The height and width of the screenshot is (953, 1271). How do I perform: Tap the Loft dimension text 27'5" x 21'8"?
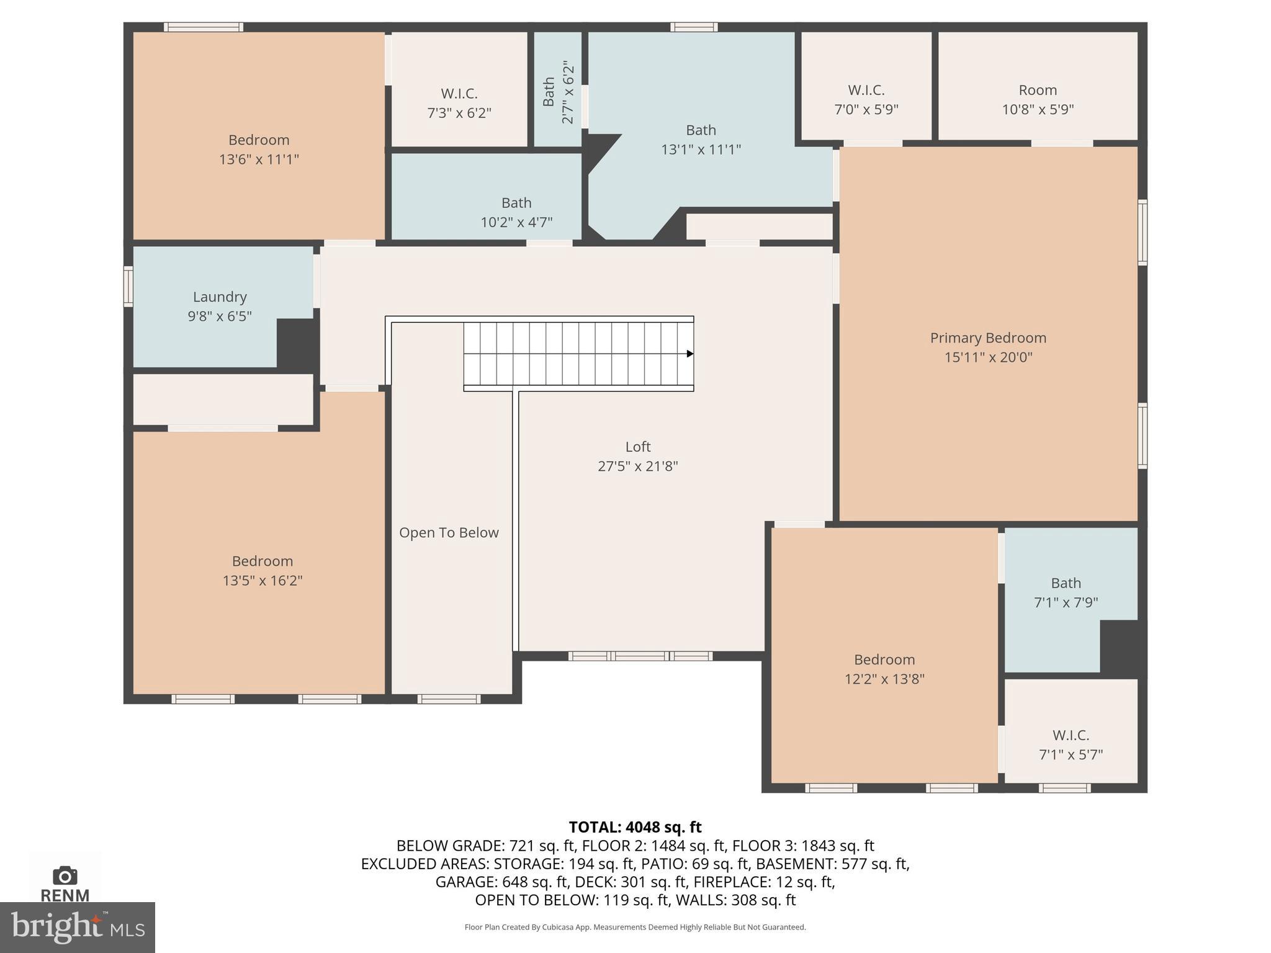[637, 466]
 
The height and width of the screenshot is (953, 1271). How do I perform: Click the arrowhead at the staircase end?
[689, 354]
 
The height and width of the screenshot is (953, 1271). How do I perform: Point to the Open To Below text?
[449, 533]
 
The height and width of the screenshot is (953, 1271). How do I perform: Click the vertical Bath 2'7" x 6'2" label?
[558, 92]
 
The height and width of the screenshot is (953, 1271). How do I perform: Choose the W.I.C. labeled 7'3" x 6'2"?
[459, 103]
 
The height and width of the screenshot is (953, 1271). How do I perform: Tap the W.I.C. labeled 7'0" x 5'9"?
[866, 100]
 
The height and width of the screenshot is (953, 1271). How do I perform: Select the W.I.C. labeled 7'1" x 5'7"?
[1071, 745]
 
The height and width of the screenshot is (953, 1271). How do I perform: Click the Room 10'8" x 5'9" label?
[1038, 100]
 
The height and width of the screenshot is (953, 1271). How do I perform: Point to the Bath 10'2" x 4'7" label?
[516, 212]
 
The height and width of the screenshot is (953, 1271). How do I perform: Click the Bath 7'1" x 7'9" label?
[1066, 593]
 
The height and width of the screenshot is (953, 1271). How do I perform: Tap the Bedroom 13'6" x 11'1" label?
[259, 150]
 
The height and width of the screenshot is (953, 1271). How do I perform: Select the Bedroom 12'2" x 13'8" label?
[884, 669]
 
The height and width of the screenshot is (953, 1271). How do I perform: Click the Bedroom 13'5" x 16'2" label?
[263, 571]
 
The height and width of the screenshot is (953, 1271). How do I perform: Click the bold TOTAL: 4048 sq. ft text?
[635, 827]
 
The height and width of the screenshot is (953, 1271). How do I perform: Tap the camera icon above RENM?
[65, 875]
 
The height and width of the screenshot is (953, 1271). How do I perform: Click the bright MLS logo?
[77, 927]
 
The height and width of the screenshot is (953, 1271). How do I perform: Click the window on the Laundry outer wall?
[128, 286]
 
